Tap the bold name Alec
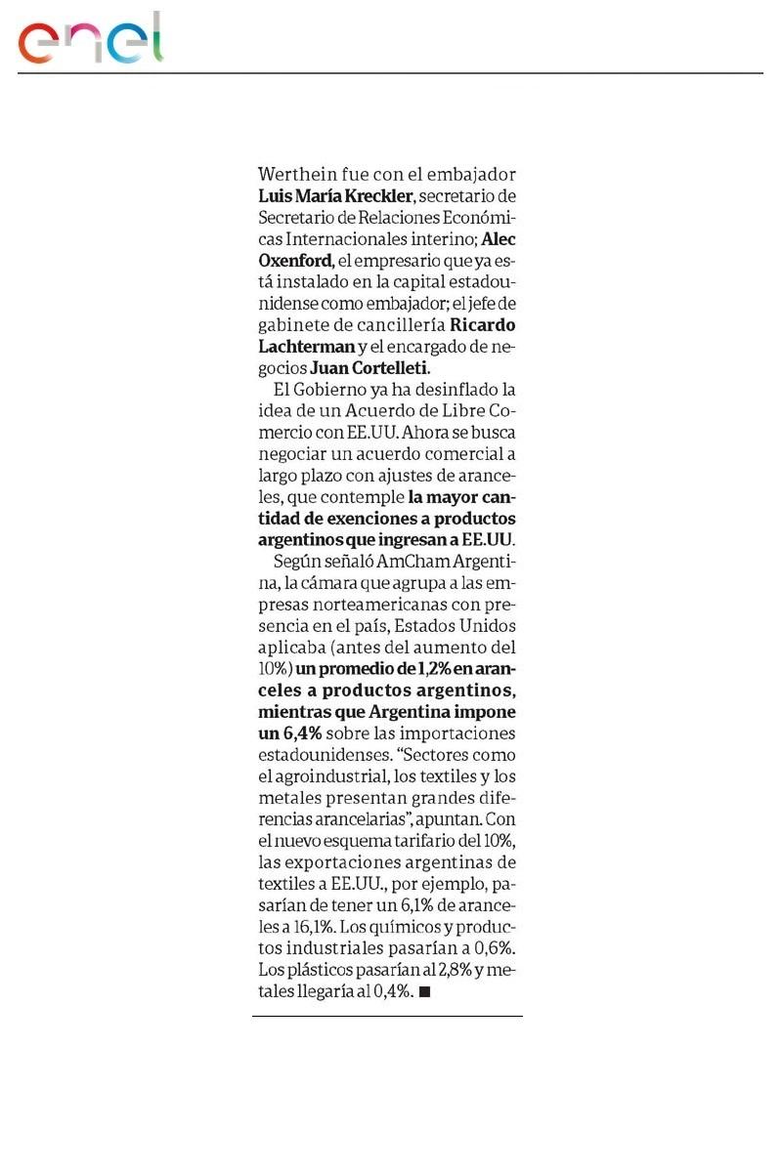click(500, 239)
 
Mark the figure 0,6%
click(491, 948)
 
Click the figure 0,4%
click(391, 991)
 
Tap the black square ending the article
click(424, 991)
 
